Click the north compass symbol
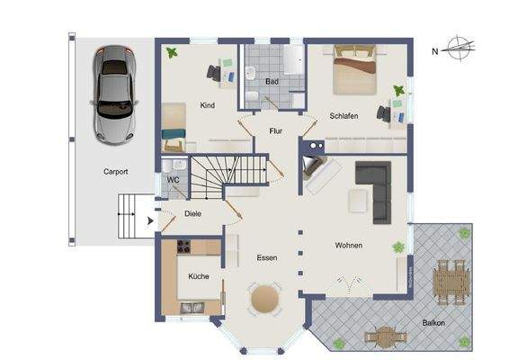[460, 49]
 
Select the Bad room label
[272, 81]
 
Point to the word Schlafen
[345, 117]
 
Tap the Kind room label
[208, 106]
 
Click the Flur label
[276, 131]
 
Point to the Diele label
[192, 214]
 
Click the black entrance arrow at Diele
[149, 220]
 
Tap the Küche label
[199, 276]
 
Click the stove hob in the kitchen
[185, 247]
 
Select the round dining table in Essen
[264, 298]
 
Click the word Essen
[265, 258]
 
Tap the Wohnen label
[350, 245]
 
